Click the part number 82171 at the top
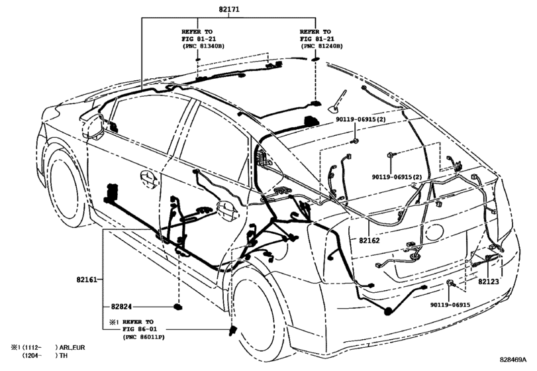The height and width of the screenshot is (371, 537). coord(229,9)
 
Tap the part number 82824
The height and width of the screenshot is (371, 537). coord(121,307)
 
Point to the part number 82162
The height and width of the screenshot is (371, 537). coord(369,240)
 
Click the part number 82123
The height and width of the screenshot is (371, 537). coord(489,282)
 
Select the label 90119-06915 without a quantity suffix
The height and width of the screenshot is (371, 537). coord(450,305)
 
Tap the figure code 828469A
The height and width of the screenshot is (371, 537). coord(513,359)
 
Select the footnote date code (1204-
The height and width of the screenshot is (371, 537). coord(32,356)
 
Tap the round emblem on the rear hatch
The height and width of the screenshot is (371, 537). coord(434,233)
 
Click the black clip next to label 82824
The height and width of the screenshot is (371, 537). coord(177,307)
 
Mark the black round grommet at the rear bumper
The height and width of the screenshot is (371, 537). coord(389,311)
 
